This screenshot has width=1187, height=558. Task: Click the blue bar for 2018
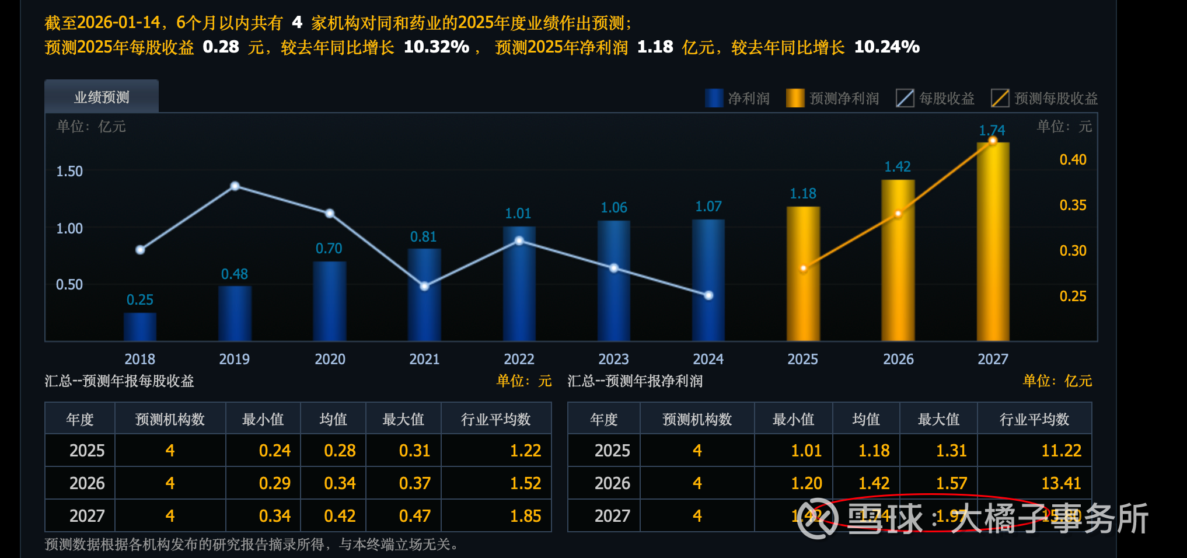pos(140,327)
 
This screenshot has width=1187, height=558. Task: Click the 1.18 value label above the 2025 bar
pos(803,194)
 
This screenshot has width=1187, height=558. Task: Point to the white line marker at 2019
pos(235,186)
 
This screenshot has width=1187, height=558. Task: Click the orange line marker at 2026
pos(898,214)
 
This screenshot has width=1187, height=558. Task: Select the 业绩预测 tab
pos(102,97)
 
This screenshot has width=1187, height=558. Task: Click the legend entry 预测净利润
pos(833,99)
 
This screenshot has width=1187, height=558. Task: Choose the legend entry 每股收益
pos(935,99)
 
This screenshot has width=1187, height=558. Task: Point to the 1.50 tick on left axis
pos(69,172)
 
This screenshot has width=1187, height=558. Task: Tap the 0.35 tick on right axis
pos(1073,205)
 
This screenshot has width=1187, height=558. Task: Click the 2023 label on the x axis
pos(613,359)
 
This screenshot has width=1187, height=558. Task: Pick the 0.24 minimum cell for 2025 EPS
pos(274,451)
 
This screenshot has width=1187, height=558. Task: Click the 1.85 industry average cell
pos(525,516)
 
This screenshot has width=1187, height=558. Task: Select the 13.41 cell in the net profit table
pos(1061,483)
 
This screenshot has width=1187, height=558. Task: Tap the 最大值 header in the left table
pos(403,420)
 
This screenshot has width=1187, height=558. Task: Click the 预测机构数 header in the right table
pos(697,420)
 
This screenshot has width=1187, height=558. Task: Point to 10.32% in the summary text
pos(437,47)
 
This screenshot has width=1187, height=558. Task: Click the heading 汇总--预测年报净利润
pos(635,381)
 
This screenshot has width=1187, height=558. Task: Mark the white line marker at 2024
pos(708,295)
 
